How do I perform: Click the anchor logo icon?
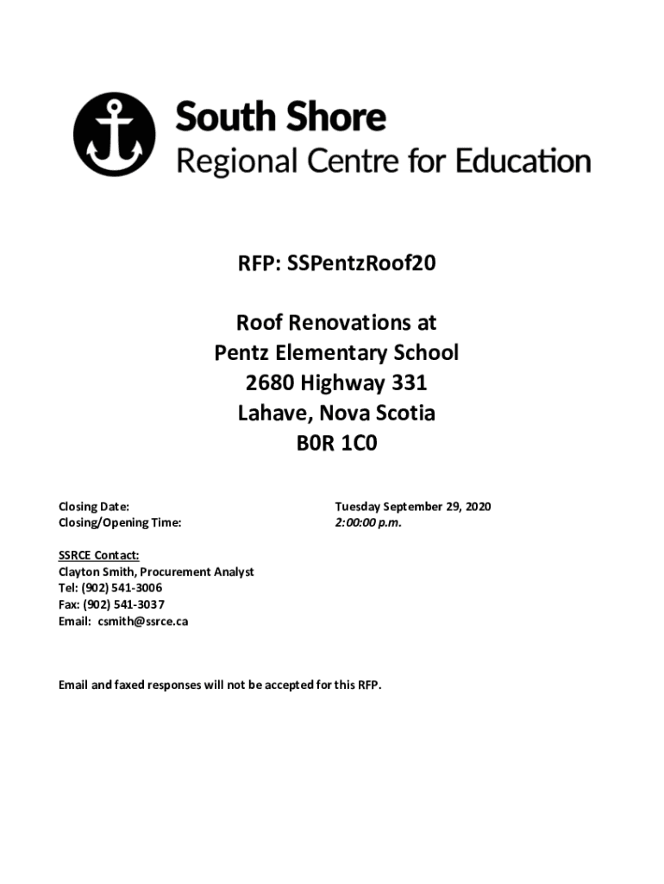(114, 136)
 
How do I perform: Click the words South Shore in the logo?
(281, 117)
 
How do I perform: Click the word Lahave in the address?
(271, 413)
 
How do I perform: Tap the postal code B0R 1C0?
(336, 443)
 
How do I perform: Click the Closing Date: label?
(94, 507)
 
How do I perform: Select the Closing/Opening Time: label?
(120, 522)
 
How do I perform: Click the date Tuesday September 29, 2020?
(413, 507)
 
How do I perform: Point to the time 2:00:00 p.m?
(368, 522)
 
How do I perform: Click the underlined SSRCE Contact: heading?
(99, 556)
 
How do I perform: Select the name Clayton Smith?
(94, 571)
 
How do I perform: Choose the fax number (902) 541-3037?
(123, 604)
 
